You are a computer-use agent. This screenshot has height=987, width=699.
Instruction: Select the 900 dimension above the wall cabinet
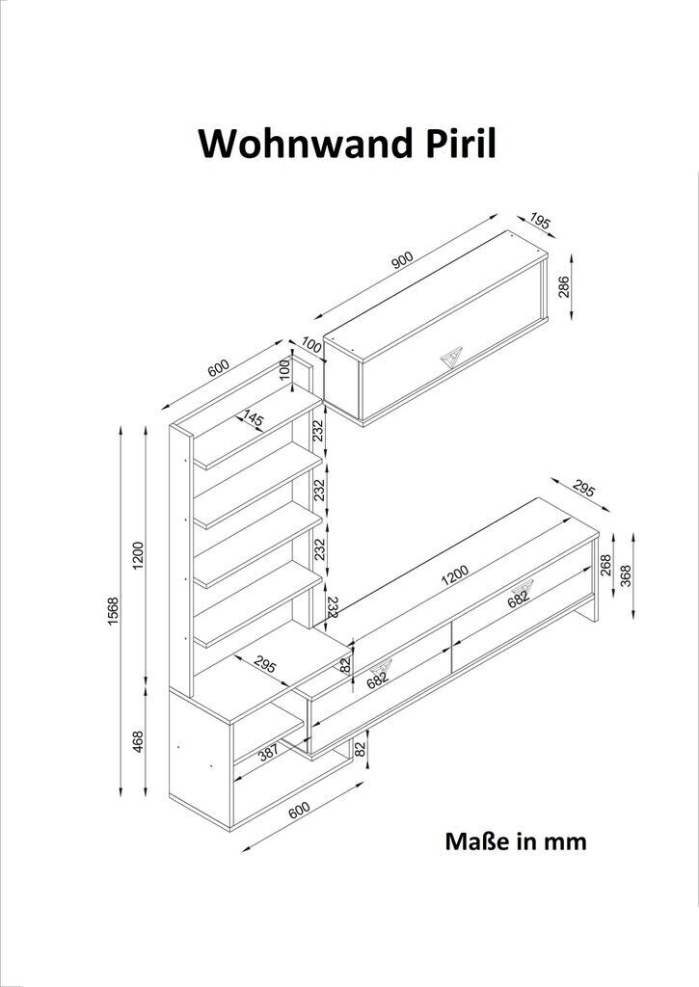[x=402, y=258]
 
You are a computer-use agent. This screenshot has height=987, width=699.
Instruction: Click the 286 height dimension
[x=564, y=287]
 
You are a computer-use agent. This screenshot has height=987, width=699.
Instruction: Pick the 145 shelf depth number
[x=253, y=419]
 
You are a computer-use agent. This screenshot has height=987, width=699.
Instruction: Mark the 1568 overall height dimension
[x=113, y=611]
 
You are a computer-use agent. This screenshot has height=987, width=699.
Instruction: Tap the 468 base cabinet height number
[x=138, y=741]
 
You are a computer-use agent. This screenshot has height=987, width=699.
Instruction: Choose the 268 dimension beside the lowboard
[x=606, y=563]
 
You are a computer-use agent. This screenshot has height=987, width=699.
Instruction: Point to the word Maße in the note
[x=476, y=841]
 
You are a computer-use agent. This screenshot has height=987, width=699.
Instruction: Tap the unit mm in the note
[x=565, y=841]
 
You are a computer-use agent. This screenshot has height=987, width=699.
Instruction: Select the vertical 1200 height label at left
[x=138, y=553]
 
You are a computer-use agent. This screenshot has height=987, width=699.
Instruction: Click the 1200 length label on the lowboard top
[x=454, y=574]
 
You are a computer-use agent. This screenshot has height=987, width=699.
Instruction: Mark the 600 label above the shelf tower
[x=218, y=368]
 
